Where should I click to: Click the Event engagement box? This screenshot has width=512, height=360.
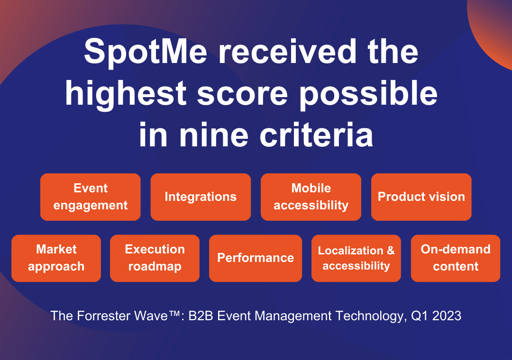[x=91, y=197]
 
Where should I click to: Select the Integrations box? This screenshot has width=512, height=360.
[x=201, y=197]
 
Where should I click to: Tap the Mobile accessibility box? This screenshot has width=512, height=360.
[x=311, y=197]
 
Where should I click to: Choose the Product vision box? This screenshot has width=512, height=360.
[x=421, y=197]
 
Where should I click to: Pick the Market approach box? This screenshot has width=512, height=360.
[x=56, y=258]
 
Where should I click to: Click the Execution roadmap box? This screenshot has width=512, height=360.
[x=155, y=258]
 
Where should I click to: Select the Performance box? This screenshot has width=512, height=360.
[x=256, y=258]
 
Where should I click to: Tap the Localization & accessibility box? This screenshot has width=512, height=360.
[x=356, y=258]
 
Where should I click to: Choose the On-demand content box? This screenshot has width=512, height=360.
[x=456, y=258]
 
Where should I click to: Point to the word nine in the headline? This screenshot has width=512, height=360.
[x=214, y=135]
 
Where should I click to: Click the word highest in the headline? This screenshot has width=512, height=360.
[x=126, y=94]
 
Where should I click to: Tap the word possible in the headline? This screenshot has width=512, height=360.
[x=368, y=94]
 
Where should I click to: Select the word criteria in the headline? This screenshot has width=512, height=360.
[x=316, y=135]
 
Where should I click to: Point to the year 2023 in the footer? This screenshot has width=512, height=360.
[x=447, y=316]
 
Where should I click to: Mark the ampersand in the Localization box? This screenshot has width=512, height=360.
[x=391, y=251]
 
